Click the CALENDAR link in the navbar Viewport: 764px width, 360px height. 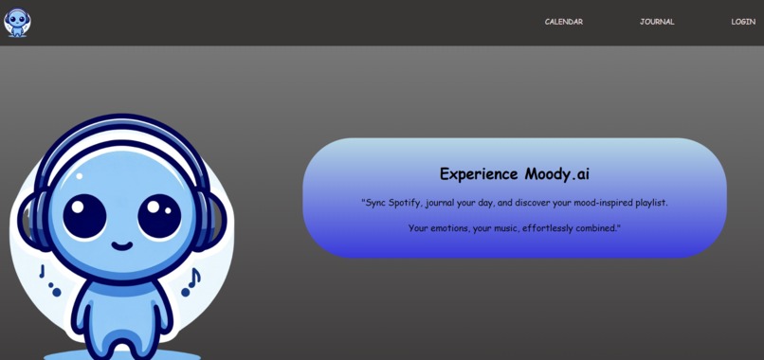click(563, 22)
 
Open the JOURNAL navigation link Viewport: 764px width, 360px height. click(657, 22)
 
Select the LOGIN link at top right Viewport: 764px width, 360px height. click(743, 22)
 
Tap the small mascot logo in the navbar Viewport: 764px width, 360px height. click(17, 23)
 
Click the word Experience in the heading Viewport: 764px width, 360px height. click(479, 174)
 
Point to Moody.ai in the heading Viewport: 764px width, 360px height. click(557, 174)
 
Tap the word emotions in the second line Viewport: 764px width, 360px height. click(447, 228)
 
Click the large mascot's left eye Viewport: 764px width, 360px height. click(84, 216)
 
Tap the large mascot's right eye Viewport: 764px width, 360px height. click(159, 216)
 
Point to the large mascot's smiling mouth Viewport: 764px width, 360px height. click(122, 245)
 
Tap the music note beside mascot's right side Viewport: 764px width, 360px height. click(191, 282)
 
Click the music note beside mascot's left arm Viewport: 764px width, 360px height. click(50, 281)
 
